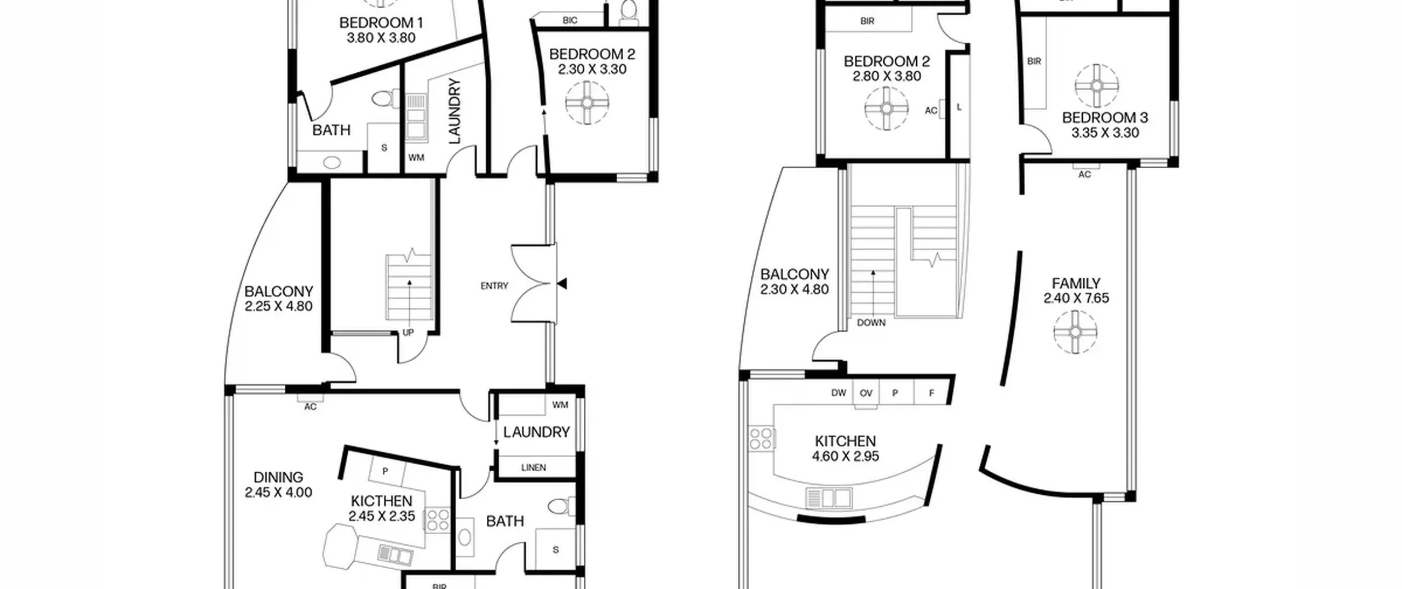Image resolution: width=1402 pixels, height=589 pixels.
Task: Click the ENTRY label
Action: point(494,286)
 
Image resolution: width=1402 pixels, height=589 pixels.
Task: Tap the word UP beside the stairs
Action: point(408,333)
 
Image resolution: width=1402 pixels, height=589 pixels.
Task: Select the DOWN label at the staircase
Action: point(871,323)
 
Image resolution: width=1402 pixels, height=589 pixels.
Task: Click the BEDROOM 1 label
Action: point(381,23)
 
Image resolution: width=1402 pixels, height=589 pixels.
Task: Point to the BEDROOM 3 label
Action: point(1105,118)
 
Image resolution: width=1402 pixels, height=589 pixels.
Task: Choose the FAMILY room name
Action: point(1076,283)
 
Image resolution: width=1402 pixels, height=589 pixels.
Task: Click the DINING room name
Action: point(278,477)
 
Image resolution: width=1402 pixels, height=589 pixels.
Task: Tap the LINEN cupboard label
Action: point(533,468)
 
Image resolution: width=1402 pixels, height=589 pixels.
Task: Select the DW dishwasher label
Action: point(838,393)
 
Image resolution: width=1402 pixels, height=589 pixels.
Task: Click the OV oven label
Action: point(866,393)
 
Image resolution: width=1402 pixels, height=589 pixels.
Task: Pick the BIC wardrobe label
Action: point(570,21)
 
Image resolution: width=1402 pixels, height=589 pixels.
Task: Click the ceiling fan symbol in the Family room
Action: point(1075,332)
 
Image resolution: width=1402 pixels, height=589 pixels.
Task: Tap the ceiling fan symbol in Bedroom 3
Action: point(1096,86)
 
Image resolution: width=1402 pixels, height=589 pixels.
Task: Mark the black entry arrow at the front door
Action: point(561,284)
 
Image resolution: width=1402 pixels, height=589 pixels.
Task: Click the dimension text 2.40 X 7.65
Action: point(1076,299)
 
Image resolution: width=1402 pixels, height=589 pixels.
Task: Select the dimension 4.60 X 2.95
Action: point(846,456)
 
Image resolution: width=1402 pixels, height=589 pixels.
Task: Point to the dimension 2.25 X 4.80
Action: point(279,306)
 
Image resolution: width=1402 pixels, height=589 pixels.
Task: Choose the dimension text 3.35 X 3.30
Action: point(1105,133)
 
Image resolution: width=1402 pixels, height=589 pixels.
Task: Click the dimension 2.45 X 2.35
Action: point(382,516)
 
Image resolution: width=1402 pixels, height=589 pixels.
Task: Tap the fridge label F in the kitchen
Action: point(932,393)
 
